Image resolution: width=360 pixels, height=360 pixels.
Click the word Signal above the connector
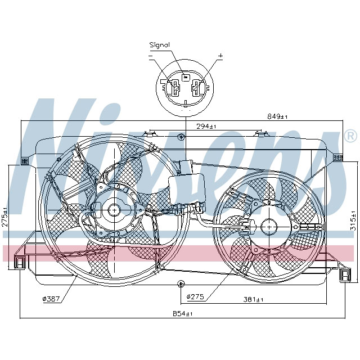[159, 45]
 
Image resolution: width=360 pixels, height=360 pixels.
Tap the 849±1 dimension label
[278, 116]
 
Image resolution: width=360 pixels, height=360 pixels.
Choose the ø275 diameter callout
[195, 296]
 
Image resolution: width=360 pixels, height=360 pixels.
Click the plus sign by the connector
[220, 55]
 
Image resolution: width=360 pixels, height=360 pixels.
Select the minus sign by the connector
[151, 55]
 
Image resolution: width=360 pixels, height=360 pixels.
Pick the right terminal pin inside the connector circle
[196, 88]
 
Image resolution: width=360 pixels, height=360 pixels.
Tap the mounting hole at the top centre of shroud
[181, 137]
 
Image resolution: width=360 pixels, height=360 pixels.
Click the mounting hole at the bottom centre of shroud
[181, 282]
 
